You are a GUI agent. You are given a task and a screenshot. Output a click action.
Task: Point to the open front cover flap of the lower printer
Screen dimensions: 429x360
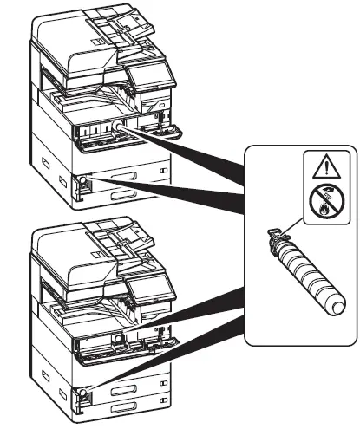(130, 349)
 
